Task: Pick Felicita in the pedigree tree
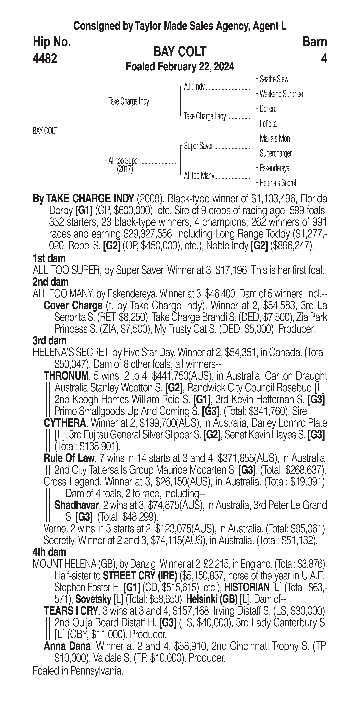tap(268, 124)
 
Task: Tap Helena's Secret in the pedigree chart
tap(278, 183)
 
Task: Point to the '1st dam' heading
tap(49, 258)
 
